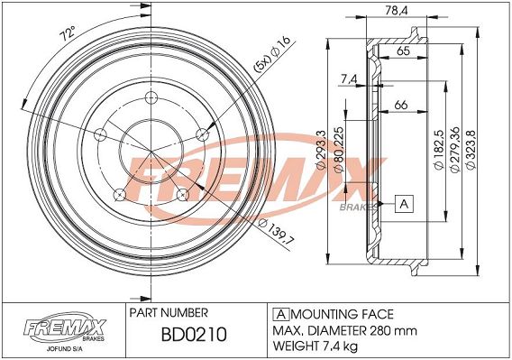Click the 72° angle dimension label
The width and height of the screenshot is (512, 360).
pyautogui.click(x=68, y=33)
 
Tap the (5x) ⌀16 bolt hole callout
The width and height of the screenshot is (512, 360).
pyautogui.click(x=271, y=54)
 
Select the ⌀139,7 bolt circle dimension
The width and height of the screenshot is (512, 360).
pyautogui.click(x=276, y=232)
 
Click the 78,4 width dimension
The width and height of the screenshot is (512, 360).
pyautogui.click(x=397, y=11)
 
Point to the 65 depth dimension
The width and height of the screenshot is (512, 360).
pyautogui.click(x=404, y=51)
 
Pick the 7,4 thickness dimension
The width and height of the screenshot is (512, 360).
pyautogui.click(x=349, y=78)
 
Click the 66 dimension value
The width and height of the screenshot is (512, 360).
pyautogui.click(x=401, y=105)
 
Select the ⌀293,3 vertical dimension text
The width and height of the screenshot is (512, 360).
pyautogui.click(x=321, y=150)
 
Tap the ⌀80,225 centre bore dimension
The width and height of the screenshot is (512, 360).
pyautogui.click(x=339, y=150)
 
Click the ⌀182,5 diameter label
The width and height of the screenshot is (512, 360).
pyautogui.click(x=438, y=150)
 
